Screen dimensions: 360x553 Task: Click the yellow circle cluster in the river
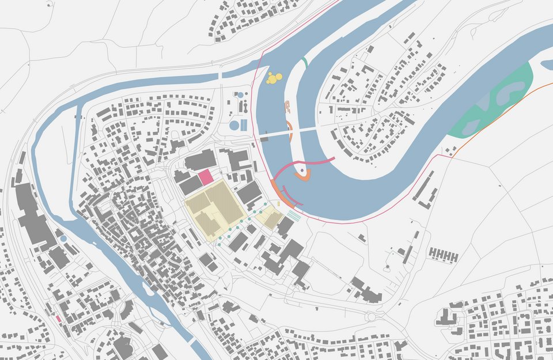point(274,78)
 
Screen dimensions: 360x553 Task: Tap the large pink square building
point(206,178)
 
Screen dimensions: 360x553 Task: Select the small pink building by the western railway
point(58,319)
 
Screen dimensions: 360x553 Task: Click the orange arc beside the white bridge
point(290,130)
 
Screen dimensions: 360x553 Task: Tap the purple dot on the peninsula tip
point(301,170)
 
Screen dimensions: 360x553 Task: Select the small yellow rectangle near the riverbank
point(279,204)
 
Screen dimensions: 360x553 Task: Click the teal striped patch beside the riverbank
point(294,215)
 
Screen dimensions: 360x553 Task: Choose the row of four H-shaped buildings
point(443,255)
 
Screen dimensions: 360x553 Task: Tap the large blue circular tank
point(234,124)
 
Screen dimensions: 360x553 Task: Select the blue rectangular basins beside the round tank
point(244,124)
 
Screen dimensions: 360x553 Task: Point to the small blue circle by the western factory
point(63,238)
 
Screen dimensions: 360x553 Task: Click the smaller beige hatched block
point(269,218)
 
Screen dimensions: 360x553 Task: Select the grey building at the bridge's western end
point(264,138)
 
